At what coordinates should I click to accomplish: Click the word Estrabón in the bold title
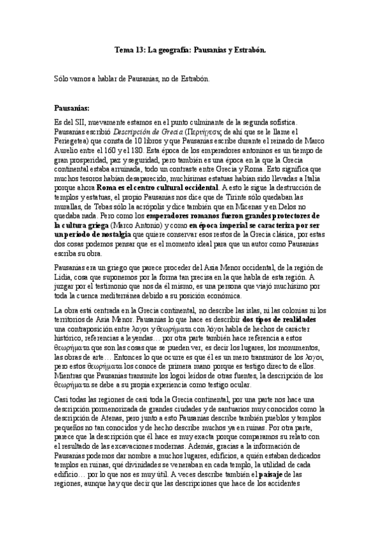click(246, 49)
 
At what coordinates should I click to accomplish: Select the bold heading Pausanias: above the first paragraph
click(73, 108)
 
